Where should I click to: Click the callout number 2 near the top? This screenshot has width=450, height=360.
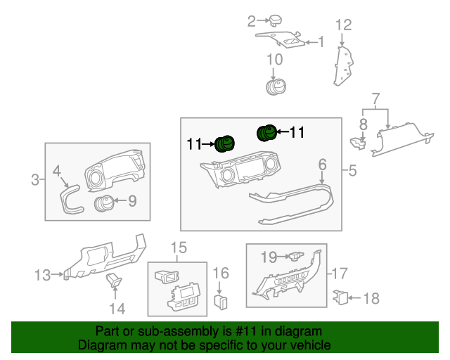tap(251, 22)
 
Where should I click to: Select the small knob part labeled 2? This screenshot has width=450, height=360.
tap(276, 20)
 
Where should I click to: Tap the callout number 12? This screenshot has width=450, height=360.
tap(342, 26)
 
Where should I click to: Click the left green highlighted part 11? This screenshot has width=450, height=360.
tap(224, 144)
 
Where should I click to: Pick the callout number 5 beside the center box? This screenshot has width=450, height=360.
tap(352, 169)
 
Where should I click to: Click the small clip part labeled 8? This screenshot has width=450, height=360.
tap(358, 143)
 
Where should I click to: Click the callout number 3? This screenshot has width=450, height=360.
tap(35, 181)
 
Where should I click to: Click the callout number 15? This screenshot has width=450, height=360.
tap(179, 247)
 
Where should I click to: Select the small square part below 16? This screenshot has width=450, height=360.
tap(221, 302)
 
